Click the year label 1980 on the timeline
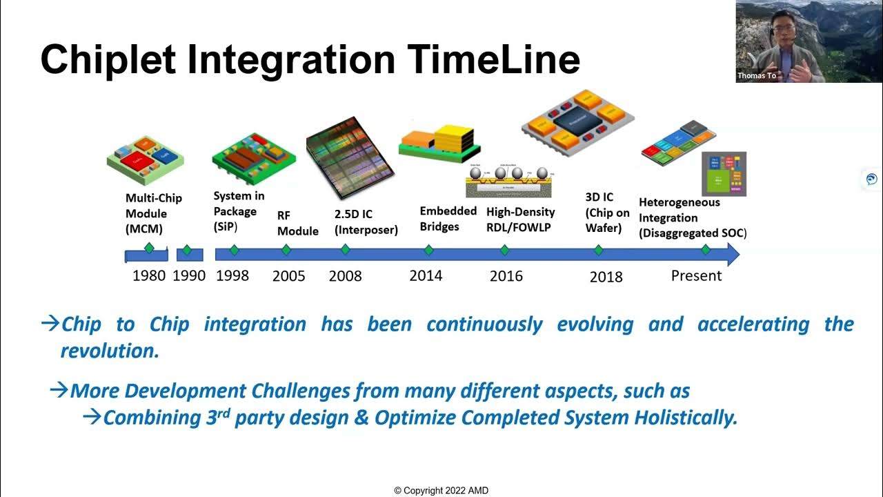coord(149,275)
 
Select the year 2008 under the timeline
coord(345,276)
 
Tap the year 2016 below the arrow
coord(506,276)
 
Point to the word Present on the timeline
coord(696,275)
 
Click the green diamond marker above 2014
coord(428,249)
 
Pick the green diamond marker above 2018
coord(599,249)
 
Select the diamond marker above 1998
coord(234,249)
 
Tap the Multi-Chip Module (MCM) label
coord(154,213)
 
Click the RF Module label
coord(297,223)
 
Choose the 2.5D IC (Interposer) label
coord(366,222)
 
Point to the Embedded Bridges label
coord(448,218)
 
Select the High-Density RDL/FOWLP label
coord(520,219)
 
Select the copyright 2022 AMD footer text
coord(441,491)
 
